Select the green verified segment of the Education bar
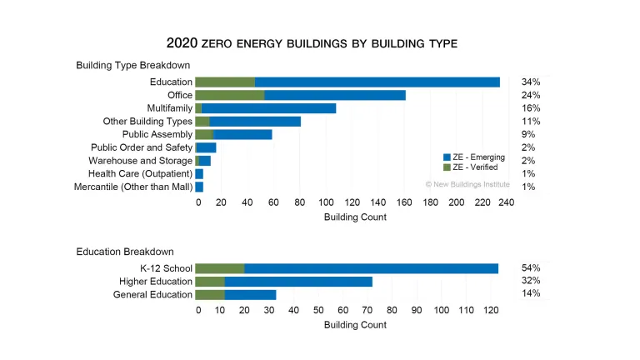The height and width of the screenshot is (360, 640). pos(225,82)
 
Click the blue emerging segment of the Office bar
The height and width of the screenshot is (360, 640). pos(334,95)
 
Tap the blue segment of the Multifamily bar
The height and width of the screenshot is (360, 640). pos(268,108)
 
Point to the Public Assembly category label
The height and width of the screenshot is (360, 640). pos(157,134)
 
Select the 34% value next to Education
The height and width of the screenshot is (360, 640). pos(530,82)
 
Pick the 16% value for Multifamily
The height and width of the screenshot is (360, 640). pos(530,108)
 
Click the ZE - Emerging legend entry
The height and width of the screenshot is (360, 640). pos(475,157)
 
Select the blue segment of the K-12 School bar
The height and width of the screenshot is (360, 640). pos(371,268)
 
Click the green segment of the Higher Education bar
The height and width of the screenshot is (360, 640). pos(210,282)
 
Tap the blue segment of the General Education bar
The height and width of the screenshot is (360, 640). pos(250,294)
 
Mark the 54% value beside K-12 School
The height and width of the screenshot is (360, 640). pos(530,268)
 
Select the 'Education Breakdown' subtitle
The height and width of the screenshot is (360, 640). pos(125,251)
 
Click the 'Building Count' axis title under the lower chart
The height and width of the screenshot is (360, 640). pos(355,324)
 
